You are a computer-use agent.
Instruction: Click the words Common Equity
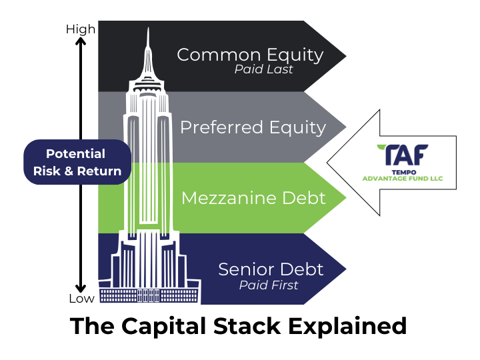click(250, 55)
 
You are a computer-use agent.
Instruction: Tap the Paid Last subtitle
click(263, 69)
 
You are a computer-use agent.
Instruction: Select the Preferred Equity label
click(253, 127)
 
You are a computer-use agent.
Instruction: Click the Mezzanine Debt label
click(253, 197)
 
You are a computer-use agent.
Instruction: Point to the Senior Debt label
click(271, 269)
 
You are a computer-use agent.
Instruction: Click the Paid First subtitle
click(269, 285)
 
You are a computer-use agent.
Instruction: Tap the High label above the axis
click(81, 29)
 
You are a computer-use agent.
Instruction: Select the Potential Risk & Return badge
click(77, 162)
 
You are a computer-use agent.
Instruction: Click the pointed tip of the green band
click(345, 197)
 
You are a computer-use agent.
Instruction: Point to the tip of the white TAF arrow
click(327, 163)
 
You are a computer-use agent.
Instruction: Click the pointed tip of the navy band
click(345, 269)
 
